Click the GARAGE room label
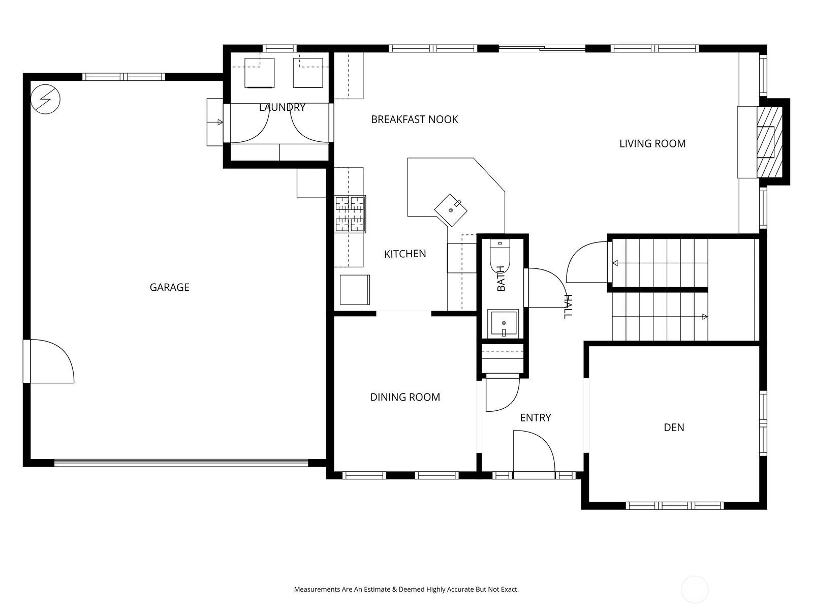pyautogui.click(x=169, y=287)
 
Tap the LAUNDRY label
pyautogui.click(x=282, y=107)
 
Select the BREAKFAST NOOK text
pyautogui.click(x=415, y=119)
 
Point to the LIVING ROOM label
pyautogui.click(x=652, y=143)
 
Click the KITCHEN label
pyautogui.click(x=405, y=254)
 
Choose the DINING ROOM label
pyautogui.click(x=405, y=397)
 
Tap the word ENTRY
pyautogui.click(x=535, y=418)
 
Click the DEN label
pyautogui.click(x=674, y=428)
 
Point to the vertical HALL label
pyautogui.click(x=568, y=307)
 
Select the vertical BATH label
pyautogui.click(x=501, y=278)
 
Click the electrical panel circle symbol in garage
pyautogui.click(x=46, y=99)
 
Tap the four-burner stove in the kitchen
pyautogui.click(x=350, y=214)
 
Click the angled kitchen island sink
pyautogui.click(x=450, y=210)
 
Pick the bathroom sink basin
pyautogui.click(x=503, y=323)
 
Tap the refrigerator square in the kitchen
pyautogui.click(x=355, y=290)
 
